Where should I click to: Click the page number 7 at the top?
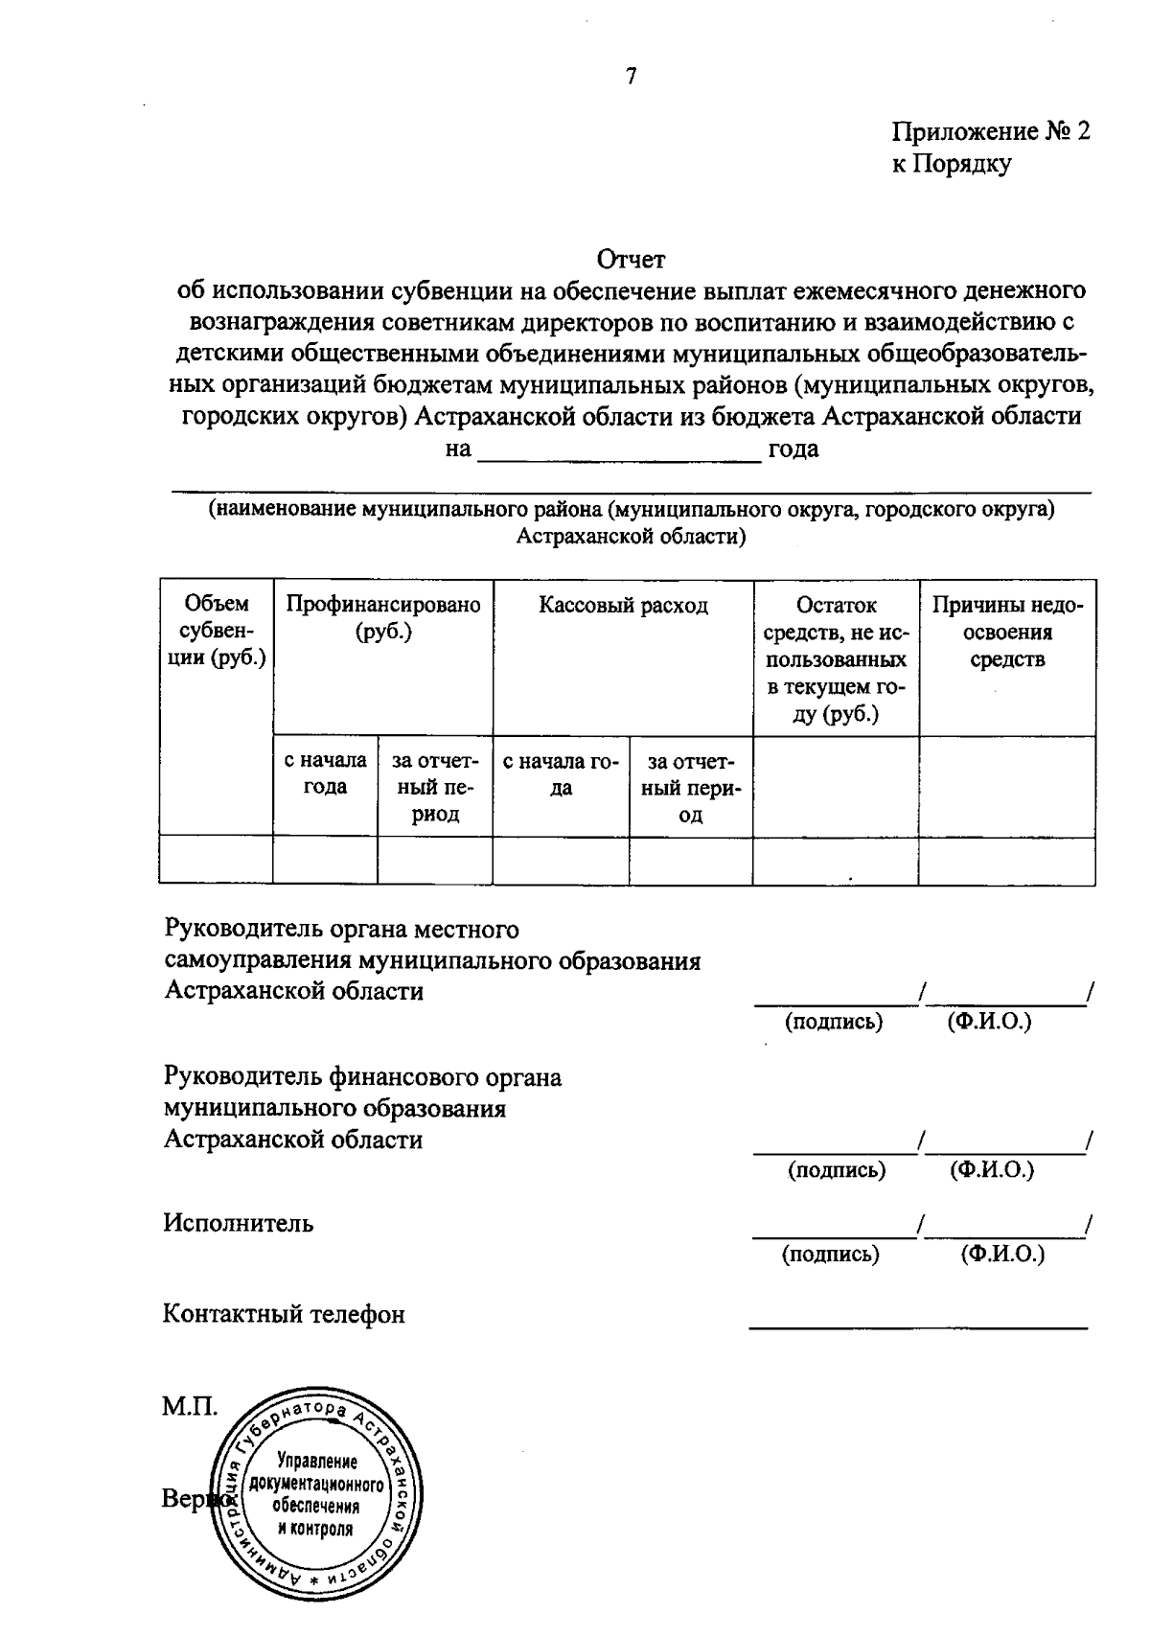(x=631, y=78)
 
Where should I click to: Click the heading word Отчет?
(x=631, y=259)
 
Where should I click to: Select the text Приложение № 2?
(x=991, y=131)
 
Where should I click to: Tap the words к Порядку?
(x=951, y=164)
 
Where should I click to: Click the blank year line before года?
(x=619, y=450)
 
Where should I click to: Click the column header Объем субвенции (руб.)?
(x=217, y=631)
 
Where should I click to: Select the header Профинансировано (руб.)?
(x=383, y=618)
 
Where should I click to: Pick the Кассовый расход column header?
(x=623, y=606)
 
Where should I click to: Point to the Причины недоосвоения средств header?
(x=1007, y=632)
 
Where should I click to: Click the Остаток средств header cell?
(x=836, y=659)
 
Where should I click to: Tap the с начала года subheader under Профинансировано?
(x=326, y=773)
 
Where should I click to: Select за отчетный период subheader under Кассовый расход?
(x=691, y=788)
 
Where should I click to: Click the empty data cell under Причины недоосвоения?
(x=1007, y=861)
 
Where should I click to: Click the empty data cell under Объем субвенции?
(x=217, y=861)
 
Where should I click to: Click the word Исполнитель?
(x=238, y=1224)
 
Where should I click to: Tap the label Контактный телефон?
(x=284, y=1314)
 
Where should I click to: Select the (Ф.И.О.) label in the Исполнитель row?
(x=1002, y=1255)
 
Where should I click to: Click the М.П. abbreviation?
(x=189, y=1407)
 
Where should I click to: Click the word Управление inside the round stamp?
(x=316, y=1462)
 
